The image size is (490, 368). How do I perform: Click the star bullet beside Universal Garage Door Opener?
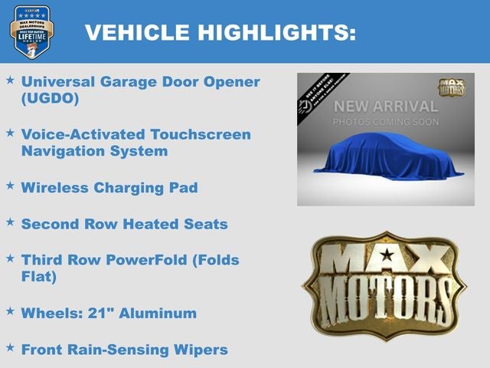coord(10,80)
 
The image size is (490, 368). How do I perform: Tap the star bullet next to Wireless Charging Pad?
coord(10,186)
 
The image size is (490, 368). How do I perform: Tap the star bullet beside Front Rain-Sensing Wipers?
coord(10,347)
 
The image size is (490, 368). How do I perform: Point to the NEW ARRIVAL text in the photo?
coord(385,106)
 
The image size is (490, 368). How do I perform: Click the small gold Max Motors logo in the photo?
coord(451,87)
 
